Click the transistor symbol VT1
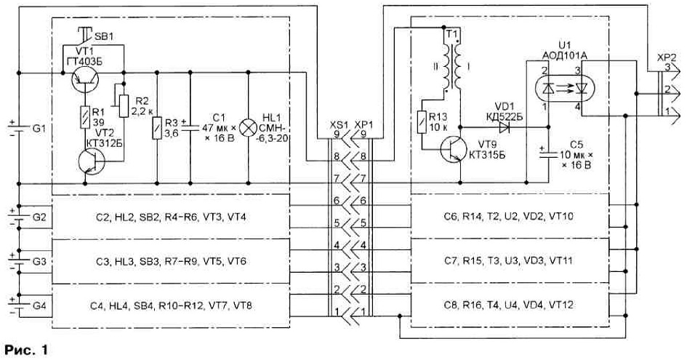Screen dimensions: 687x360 pyautogui.click(x=84, y=80)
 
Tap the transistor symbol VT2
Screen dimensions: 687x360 pyautogui.click(x=92, y=161)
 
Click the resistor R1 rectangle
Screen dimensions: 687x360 pyautogui.click(x=84, y=117)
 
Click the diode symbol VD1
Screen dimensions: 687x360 pyautogui.click(x=503, y=127)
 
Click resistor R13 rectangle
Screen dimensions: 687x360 pyautogui.click(x=422, y=122)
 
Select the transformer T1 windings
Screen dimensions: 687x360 pyautogui.click(x=453, y=65)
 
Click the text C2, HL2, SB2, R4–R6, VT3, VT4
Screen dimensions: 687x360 pyautogui.click(x=170, y=217)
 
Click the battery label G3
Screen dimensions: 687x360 pyautogui.click(x=38, y=261)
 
